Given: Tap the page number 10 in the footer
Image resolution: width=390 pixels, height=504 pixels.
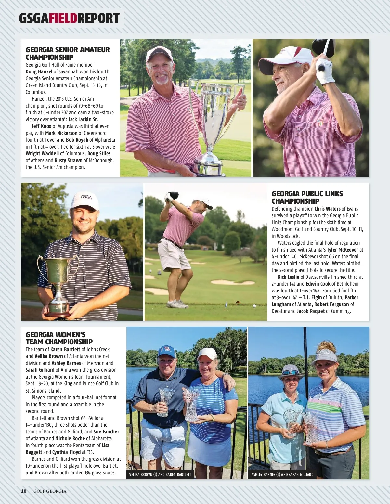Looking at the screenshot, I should tap(24, 491).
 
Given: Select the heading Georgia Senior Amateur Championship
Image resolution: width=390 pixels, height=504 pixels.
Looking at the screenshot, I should tap(68, 53).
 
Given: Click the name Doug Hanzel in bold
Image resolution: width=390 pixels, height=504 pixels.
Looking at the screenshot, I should tap(39, 71).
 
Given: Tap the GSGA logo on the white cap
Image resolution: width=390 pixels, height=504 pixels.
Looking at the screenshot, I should tap(86, 197).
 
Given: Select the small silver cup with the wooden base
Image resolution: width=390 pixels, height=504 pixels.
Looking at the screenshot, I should tap(58, 286).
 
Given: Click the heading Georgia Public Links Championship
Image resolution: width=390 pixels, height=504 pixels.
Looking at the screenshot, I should tap(307, 197).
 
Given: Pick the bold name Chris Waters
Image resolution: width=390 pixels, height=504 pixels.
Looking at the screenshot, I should tap(327, 209).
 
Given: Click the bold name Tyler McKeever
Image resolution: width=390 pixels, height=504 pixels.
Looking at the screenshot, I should tap(342, 250).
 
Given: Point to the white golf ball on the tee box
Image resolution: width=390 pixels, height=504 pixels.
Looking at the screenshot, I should tap(254, 305).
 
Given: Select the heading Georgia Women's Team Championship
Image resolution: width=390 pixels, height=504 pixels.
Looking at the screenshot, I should tap(59, 338).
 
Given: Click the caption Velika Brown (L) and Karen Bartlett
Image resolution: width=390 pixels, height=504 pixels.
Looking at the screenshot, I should tap(160, 474).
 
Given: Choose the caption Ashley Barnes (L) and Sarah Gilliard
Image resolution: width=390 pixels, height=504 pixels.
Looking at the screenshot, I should tap(282, 474).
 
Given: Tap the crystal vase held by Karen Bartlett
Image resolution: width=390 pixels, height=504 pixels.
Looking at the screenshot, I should tap(192, 405).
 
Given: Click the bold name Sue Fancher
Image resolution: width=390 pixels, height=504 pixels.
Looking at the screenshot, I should tap(106, 432).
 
